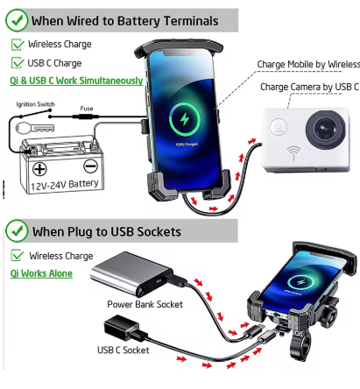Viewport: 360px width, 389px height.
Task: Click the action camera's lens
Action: [x=325, y=129]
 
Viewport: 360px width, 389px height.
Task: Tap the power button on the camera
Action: [x=279, y=127]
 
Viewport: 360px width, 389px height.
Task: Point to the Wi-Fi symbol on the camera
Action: [x=293, y=152]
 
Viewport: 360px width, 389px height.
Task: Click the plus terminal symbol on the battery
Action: [x=39, y=169]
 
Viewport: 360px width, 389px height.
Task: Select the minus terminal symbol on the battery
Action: [x=90, y=166]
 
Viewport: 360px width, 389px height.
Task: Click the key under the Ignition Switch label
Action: [x=35, y=128]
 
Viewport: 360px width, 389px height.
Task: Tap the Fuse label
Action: [x=87, y=109]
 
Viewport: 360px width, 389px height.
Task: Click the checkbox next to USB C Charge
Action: [x=17, y=63]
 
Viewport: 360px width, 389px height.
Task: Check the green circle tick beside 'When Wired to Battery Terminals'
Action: [x=17, y=20]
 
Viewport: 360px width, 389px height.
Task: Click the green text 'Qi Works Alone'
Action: [x=41, y=273]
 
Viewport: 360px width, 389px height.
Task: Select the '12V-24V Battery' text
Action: [x=65, y=185]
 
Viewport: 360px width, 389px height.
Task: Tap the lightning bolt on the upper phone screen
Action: [x=185, y=119]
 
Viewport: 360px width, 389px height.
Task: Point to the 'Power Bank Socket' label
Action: [x=145, y=304]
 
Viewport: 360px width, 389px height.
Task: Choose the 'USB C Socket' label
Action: [x=123, y=350]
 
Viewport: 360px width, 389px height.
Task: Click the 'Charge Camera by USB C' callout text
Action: [x=309, y=87]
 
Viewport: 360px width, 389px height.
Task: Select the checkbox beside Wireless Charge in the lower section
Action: [x=17, y=255]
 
